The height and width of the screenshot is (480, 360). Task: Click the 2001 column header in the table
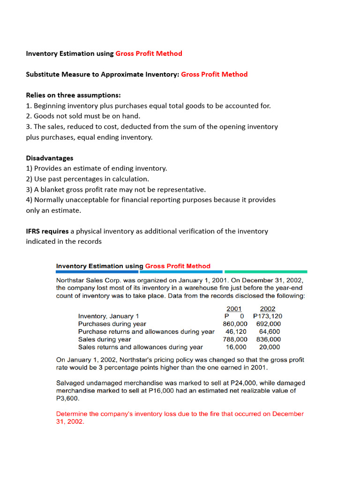pyautogui.click(x=233, y=308)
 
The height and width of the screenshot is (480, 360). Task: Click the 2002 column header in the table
pyautogui.click(x=268, y=308)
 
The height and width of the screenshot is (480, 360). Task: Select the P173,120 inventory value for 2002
pyautogui.click(x=268, y=316)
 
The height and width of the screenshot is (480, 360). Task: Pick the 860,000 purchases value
pyautogui.click(x=235, y=324)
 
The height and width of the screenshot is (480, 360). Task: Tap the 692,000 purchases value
pyautogui.click(x=269, y=324)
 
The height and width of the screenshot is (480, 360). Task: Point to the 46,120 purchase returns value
pyautogui.click(x=237, y=332)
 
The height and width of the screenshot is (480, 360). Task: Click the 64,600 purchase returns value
pyautogui.click(x=270, y=332)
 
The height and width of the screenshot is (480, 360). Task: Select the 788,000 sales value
pyautogui.click(x=235, y=339)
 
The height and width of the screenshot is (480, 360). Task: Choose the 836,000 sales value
pyautogui.click(x=269, y=339)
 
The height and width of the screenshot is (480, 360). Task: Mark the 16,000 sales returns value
pyautogui.click(x=237, y=347)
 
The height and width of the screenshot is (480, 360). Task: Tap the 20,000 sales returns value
pyautogui.click(x=270, y=347)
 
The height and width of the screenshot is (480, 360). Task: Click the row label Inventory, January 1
pyautogui.click(x=108, y=316)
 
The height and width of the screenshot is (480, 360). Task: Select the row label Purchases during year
pyautogui.click(x=112, y=324)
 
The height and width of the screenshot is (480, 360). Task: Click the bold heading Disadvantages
pyautogui.click(x=49, y=158)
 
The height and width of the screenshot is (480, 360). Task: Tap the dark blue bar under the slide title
pyautogui.click(x=97, y=271)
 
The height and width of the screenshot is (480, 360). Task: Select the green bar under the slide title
pyautogui.click(x=266, y=271)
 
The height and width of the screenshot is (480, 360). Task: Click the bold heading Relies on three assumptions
pyautogui.click(x=73, y=95)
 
